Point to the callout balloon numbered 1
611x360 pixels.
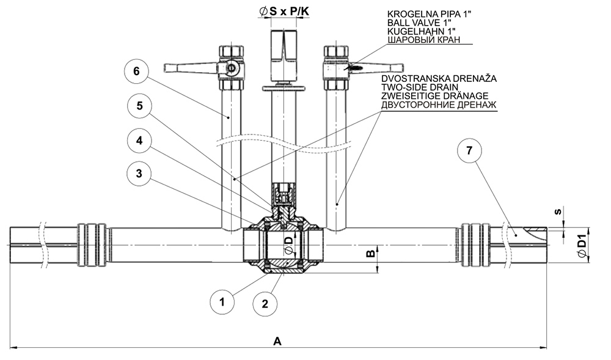coord(223,301)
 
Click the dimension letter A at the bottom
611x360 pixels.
coord(278,342)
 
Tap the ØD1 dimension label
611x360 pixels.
coord(582,246)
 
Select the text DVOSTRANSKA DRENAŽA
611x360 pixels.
coord(439,79)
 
